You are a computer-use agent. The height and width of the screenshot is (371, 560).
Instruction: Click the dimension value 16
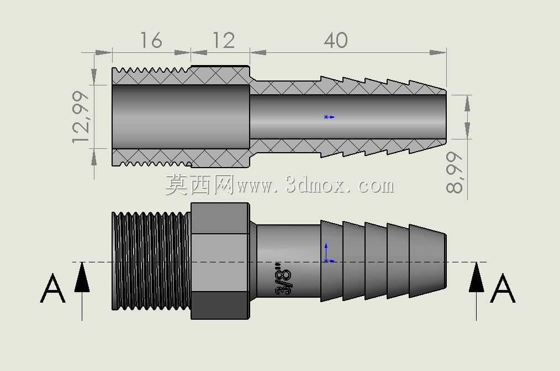click(x=151, y=40)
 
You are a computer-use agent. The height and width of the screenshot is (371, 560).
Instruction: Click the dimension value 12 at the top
click(x=224, y=40)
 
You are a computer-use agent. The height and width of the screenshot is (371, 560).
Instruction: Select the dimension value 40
click(x=336, y=40)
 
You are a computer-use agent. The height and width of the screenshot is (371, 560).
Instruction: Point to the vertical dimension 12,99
click(x=81, y=117)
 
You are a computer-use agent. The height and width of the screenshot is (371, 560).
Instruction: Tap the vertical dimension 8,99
click(x=455, y=173)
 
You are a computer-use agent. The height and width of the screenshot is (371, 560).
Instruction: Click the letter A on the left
click(x=52, y=288)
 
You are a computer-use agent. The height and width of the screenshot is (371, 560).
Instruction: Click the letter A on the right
click(x=503, y=288)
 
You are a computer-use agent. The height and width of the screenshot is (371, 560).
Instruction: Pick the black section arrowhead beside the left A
click(x=82, y=277)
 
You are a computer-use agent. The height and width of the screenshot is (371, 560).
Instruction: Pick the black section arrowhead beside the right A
click(x=476, y=277)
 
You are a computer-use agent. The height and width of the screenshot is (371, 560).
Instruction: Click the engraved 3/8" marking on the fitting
click(x=283, y=279)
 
